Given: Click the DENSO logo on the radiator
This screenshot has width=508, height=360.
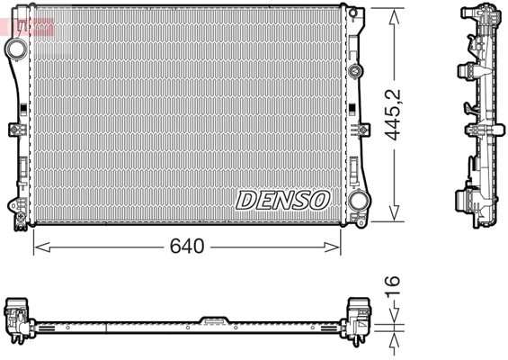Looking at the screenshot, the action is [282, 200].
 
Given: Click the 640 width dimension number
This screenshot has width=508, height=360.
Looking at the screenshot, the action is [187, 247].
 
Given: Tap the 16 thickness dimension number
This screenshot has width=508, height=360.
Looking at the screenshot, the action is [392, 285].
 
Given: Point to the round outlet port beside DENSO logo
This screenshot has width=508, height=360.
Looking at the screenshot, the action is [358, 201].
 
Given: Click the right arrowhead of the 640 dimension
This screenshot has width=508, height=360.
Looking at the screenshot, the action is [333, 247].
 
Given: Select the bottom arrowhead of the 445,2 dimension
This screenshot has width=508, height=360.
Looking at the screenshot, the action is [394, 212].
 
